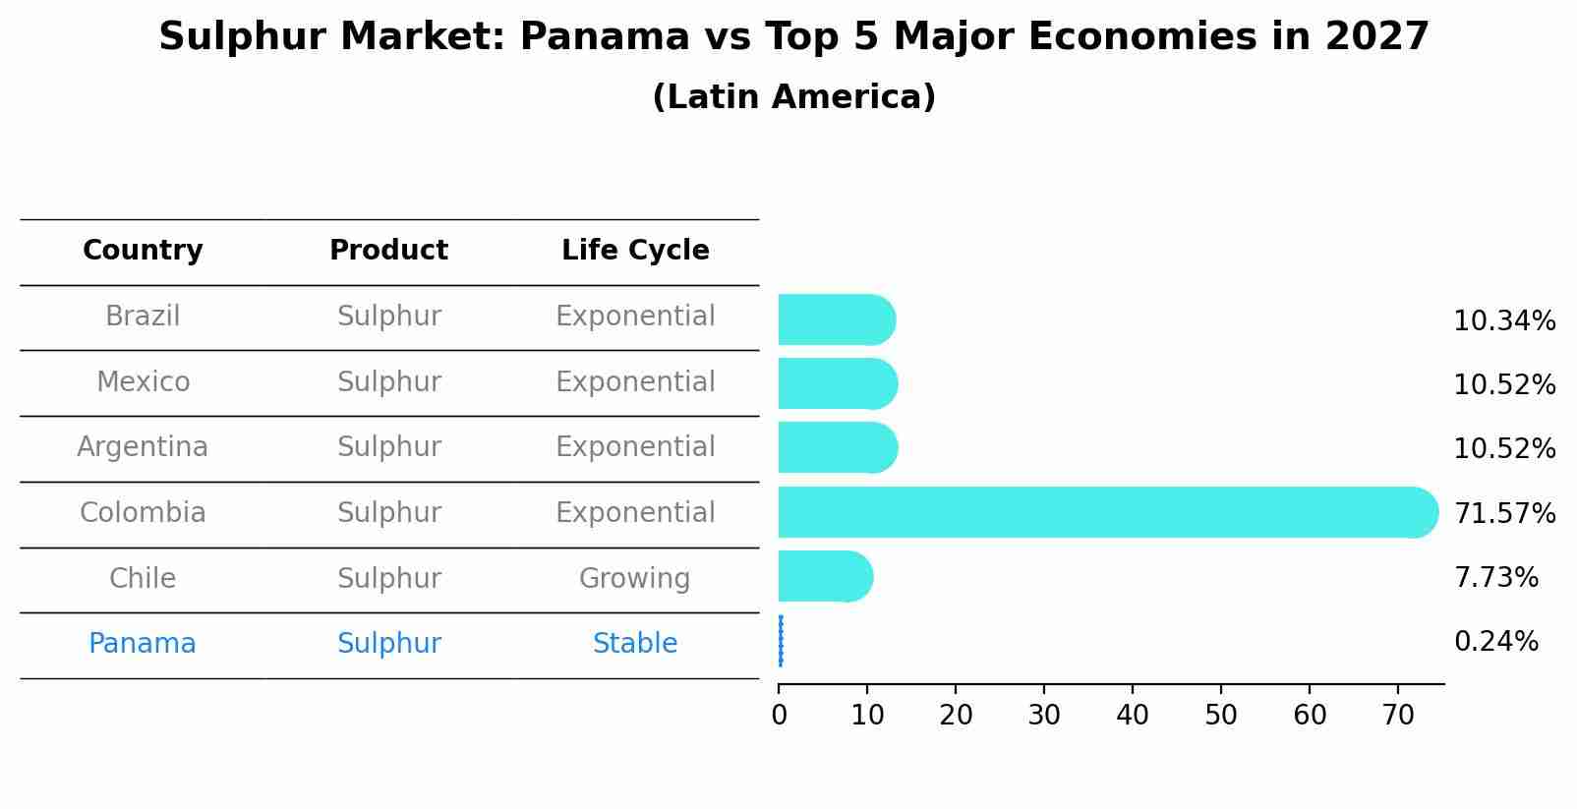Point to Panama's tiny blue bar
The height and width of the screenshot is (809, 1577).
coord(781,641)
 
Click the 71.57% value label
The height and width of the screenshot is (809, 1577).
coord(1504,513)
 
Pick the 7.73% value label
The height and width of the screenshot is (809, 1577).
coord(1495,577)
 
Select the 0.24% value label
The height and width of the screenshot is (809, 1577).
coord(1495,642)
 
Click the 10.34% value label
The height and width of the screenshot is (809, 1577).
coord(1504,321)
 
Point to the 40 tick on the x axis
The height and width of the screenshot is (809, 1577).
coord(1133,715)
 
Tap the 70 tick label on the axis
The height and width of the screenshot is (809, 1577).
coord(1398,715)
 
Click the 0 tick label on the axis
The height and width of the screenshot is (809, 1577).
coord(780,715)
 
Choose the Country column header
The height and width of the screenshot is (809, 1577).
coord(143,251)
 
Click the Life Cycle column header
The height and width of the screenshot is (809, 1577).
coord(635,251)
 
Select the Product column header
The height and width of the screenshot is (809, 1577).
coord(388,251)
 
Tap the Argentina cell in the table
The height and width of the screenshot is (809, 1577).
coord(143,447)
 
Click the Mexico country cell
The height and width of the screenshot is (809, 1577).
coord(143,381)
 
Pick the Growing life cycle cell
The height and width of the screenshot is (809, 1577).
coord(634,578)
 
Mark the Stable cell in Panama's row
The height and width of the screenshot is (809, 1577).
coord(634,644)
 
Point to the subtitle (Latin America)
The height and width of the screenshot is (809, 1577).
coord(793,97)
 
